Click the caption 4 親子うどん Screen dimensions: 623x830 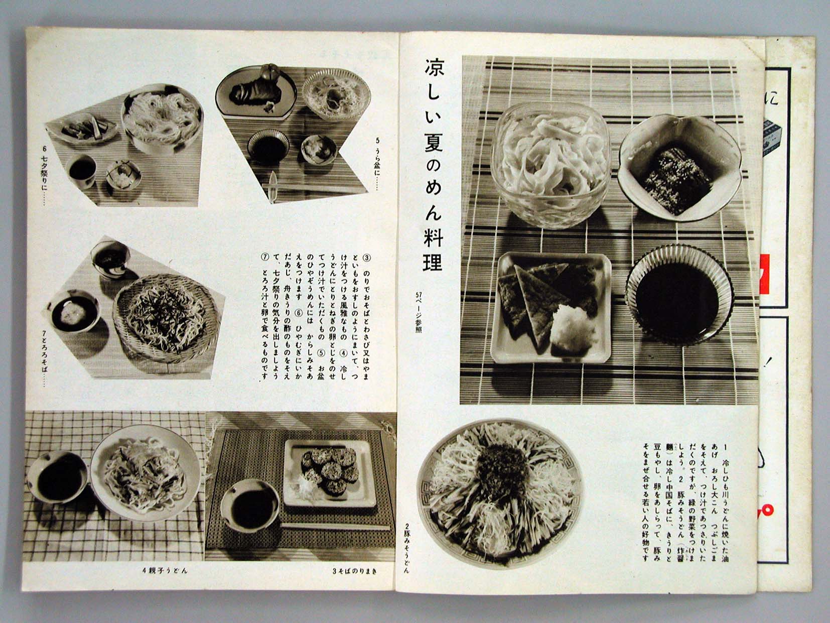pyautogui.click(x=165, y=571)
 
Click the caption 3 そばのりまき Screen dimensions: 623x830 pyautogui.click(x=355, y=571)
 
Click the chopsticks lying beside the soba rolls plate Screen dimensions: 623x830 pyautogui.click(x=334, y=527)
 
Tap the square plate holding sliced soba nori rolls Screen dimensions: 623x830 pyautogui.click(x=330, y=472)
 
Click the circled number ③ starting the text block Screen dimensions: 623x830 pyautogui.click(x=366, y=258)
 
